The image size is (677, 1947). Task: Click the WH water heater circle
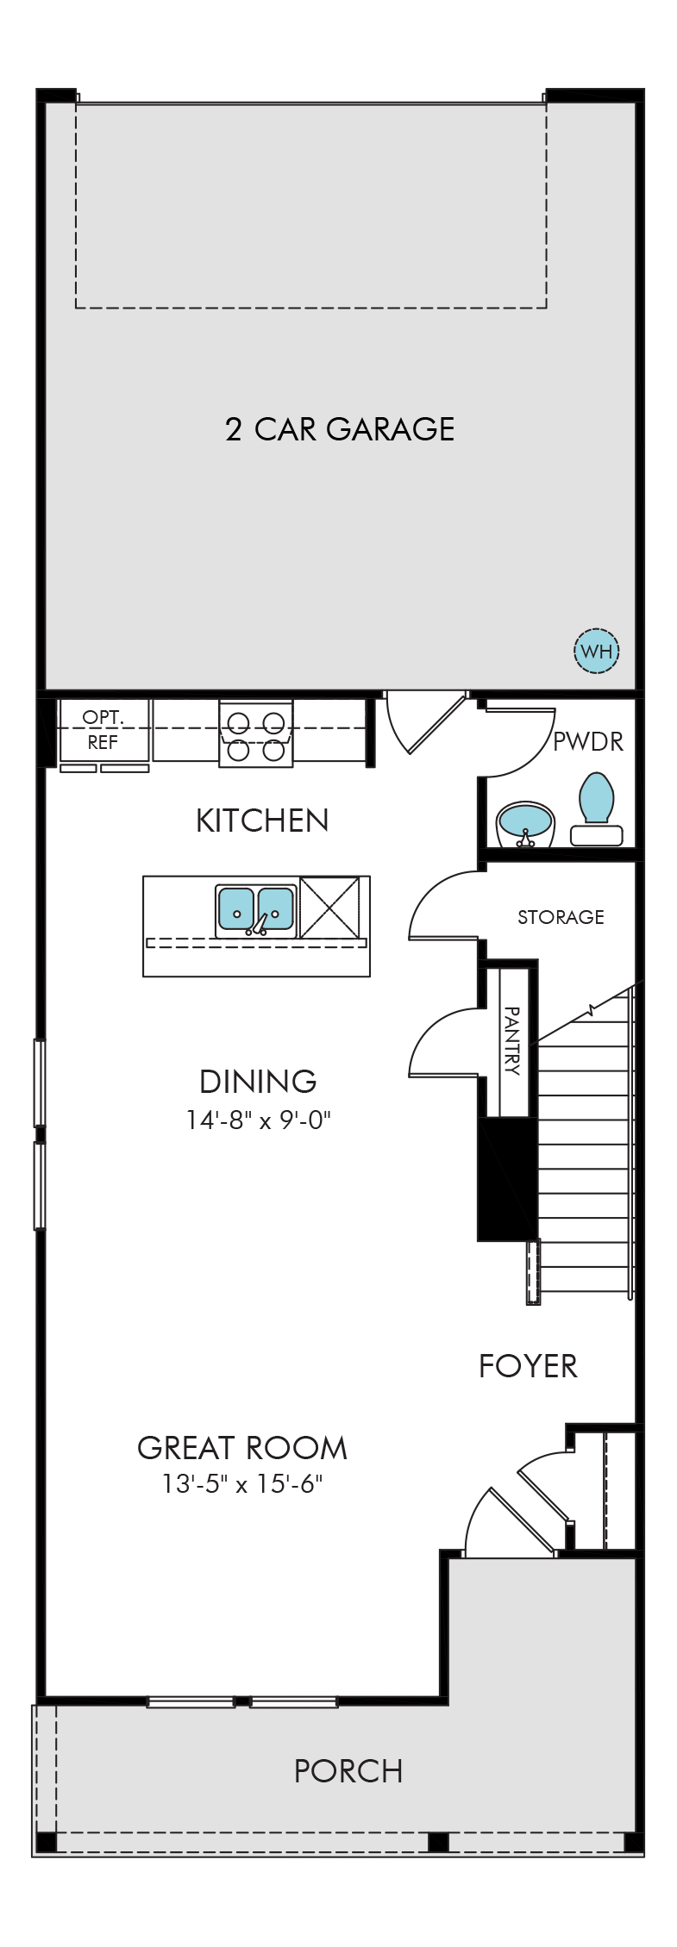coord(597,651)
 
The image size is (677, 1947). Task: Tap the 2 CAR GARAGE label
coord(340,429)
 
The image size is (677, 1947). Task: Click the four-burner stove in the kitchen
coord(256,733)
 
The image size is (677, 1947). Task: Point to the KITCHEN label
coord(262,821)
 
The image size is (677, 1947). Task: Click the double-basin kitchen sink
coord(256,910)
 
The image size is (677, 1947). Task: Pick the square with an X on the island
coord(329,908)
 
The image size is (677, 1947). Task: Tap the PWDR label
coord(587,741)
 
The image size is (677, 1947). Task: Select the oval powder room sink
coord(526,822)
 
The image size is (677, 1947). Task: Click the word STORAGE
coord(561,917)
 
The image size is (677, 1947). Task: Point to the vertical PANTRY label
coord(512,1040)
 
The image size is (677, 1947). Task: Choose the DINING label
coord(258,1081)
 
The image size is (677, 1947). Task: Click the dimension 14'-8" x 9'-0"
coord(259,1120)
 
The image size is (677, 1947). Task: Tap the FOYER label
coord(528,1366)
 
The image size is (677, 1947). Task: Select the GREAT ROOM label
coord(242,1448)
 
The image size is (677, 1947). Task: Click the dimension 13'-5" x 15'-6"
coord(242,1484)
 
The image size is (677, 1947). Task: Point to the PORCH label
coord(348,1771)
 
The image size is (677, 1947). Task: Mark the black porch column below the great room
coord(438,1843)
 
